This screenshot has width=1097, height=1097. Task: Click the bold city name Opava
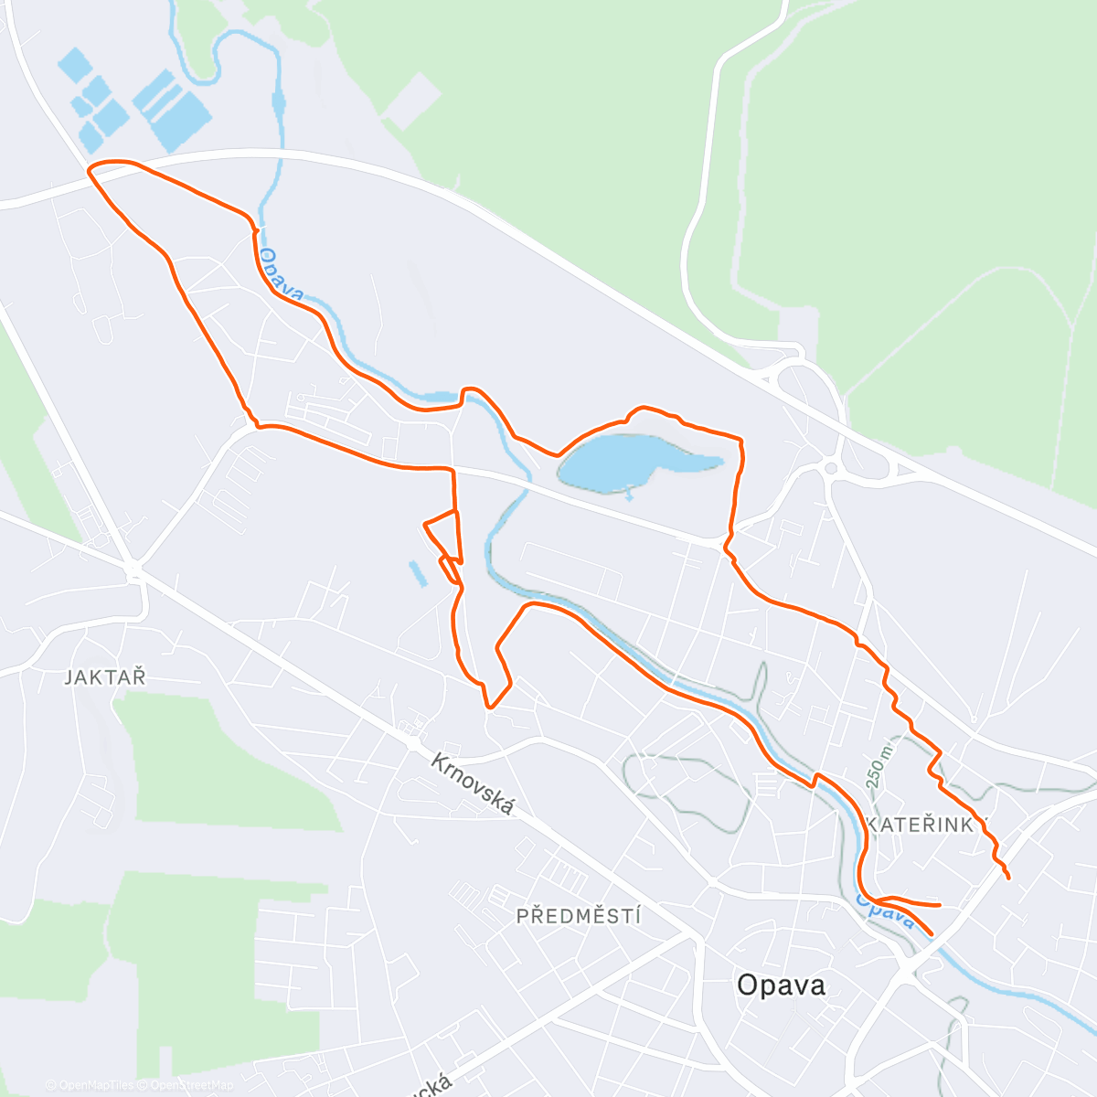point(781,985)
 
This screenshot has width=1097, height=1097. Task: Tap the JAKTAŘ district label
point(105,677)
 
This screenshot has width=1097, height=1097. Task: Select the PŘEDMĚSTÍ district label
point(579,916)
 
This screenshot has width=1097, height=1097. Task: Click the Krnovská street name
point(473,784)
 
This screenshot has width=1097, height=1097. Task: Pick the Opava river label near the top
point(281,274)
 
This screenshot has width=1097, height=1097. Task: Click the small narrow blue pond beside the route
point(417,573)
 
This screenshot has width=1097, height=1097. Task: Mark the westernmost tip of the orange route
point(88,169)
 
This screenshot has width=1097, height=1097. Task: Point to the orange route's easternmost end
point(1008,879)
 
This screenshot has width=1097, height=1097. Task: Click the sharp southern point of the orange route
point(490,707)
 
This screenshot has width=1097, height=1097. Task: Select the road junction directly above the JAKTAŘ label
point(135,572)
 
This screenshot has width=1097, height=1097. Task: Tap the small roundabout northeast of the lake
point(831,468)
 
